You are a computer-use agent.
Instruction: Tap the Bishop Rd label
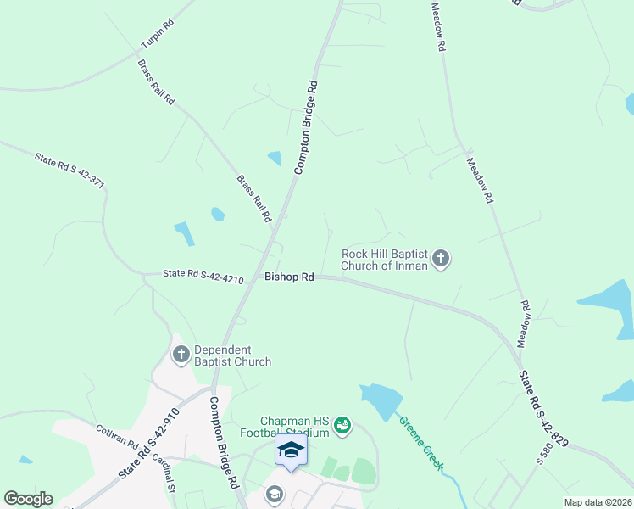coord(289,277)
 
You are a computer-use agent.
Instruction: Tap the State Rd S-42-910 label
coord(149,443)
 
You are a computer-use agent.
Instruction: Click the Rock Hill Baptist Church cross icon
coord(441,259)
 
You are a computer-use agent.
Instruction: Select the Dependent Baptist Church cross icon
coord(181,355)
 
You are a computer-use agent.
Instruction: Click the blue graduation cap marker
coord(291,450)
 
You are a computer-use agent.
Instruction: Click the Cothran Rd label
coord(117,437)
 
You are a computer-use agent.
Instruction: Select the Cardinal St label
coord(164,473)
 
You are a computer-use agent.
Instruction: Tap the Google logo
coord(28,499)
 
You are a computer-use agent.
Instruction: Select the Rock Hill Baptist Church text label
coord(385,259)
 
